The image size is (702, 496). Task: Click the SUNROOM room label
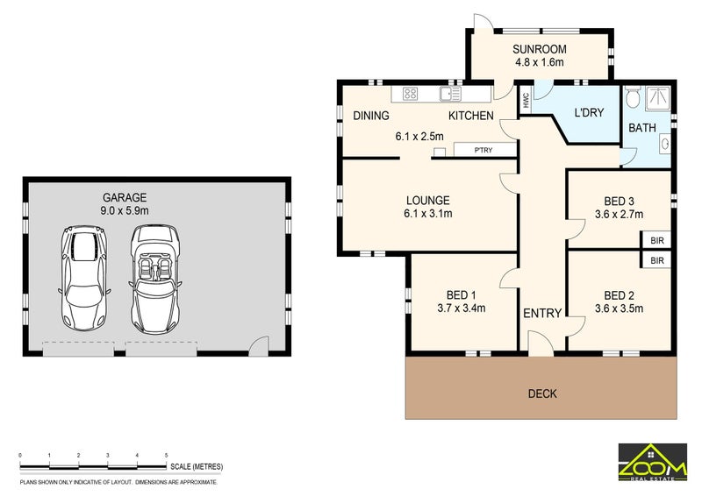coord(539,49)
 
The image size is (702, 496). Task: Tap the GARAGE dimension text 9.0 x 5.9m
coord(124,211)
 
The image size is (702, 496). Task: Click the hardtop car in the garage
coord(82,275)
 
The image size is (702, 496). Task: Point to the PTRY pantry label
coord(483,151)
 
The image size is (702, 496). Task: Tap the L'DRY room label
coord(589,112)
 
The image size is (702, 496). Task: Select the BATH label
coord(641,128)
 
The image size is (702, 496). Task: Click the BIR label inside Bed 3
coord(656,240)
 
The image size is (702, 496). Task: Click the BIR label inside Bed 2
coord(656,261)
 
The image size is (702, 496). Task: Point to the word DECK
coord(541,393)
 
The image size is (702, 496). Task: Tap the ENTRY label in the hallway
coord(541,314)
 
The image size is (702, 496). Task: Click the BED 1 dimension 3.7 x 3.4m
coord(462,308)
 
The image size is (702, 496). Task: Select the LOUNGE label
coord(427,200)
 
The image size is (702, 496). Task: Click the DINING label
coord(371,116)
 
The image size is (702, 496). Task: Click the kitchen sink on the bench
coord(450,94)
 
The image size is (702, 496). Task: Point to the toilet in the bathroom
coord(633,98)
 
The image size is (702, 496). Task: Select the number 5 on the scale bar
coord(166,456)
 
